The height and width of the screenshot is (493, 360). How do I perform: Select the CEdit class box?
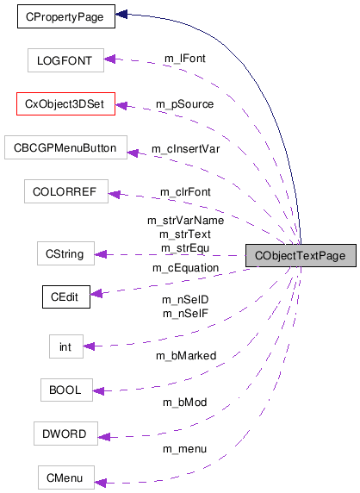[65, 297]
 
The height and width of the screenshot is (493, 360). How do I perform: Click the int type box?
[65, 346]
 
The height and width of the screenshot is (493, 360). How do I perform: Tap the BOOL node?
[65, 390]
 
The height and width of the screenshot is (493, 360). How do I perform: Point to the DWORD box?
[65, 433]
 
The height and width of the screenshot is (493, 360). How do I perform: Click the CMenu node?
[65, 477]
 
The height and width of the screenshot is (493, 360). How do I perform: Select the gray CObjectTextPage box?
[300, 256]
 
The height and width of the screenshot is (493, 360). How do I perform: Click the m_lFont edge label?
[185, 58]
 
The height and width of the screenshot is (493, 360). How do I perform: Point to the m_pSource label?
[185, 103]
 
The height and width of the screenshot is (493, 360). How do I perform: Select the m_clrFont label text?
[185, 190]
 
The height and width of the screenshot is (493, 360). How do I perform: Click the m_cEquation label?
[185, 268]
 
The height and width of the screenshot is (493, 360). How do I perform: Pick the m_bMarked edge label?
[185, 355]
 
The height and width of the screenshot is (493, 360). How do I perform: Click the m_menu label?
[185, 449]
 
